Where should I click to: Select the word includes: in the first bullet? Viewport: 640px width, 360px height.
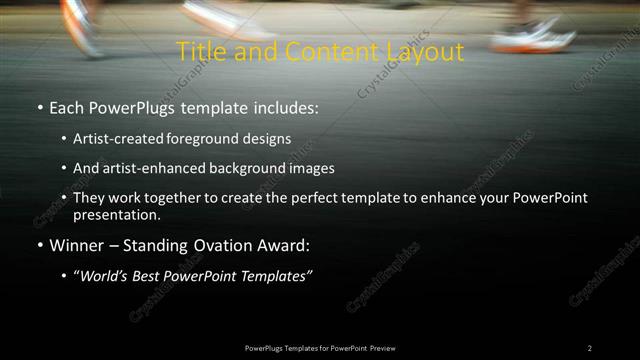pos(284,105)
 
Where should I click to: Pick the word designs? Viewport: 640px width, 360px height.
pos(268,140)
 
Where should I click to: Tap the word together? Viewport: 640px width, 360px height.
pos(174,198)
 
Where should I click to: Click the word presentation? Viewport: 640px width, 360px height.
pos(116,214)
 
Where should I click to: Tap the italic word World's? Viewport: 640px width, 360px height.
pos(103,275)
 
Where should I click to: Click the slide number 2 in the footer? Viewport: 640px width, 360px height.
pos(590,348)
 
